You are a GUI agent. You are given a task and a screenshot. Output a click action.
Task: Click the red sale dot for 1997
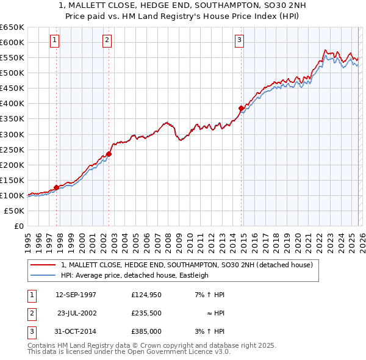[56, 187]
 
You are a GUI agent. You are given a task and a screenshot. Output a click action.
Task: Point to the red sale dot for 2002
[109, 154]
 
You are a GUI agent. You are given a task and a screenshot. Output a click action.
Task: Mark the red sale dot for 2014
[241, 108]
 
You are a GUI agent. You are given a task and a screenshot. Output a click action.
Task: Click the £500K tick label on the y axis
[12, 73]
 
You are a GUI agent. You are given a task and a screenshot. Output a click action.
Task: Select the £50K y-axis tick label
[14, 211]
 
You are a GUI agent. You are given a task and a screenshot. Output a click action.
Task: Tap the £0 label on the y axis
[18, 226]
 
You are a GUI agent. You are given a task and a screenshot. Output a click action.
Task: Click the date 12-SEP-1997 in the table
[76, 295]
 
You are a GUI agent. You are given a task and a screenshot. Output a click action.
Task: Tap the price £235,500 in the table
[146, 313]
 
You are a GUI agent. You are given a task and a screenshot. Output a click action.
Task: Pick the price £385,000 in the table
[146, 331]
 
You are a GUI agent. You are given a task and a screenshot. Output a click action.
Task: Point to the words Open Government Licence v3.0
[183, 351]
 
